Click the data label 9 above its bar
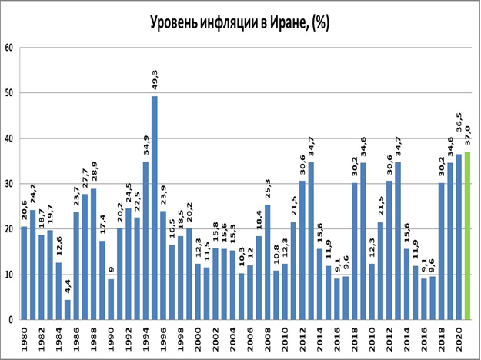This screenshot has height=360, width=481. point(111,269)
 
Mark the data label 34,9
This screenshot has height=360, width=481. point(145,145)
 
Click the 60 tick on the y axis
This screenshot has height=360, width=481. point(10,48)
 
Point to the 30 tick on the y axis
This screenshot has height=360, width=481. point(10,184)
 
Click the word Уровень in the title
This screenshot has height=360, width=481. point(178,22)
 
